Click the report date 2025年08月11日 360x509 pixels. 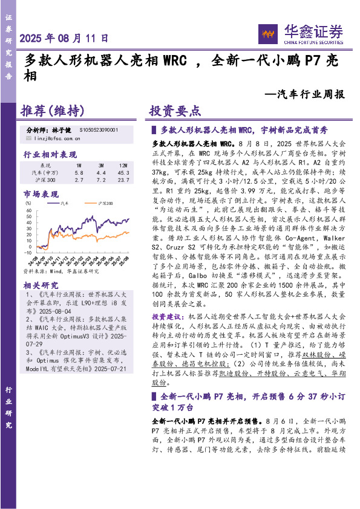pyautogui.click(x=65, y=37)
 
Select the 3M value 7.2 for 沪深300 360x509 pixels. pyautogui.click(x=101, y=180)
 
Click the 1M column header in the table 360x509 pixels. pyautogui.click(x=79, y=165)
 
